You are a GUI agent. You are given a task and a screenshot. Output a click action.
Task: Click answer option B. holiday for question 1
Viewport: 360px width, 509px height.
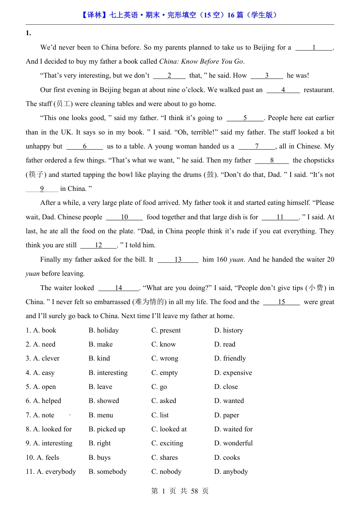pos(103,330)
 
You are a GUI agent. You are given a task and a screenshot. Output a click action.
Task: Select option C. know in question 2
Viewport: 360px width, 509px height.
pos(163,344)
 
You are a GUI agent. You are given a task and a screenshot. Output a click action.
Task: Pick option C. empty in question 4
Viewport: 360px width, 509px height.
pos(164,373)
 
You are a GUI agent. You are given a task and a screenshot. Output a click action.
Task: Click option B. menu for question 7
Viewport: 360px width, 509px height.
pos(101,415)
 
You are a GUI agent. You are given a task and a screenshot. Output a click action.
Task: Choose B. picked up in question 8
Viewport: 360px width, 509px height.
pos(107,429)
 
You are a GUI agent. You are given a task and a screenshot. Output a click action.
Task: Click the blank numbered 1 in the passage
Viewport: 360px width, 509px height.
pos(314,48)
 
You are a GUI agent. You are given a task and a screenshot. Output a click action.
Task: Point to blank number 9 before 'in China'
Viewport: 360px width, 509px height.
pos(42,189)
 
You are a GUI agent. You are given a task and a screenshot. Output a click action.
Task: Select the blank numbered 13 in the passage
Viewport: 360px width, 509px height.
pos(178,260)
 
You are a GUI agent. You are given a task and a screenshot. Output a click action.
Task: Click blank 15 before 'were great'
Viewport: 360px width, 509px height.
pos(281,302)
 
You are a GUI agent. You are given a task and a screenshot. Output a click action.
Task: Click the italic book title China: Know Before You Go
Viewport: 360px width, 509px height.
pos(201,61)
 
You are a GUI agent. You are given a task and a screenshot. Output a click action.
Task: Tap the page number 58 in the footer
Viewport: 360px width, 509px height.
pos(194,491)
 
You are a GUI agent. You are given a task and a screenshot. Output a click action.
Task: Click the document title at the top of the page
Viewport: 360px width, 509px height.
pos(180,15)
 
